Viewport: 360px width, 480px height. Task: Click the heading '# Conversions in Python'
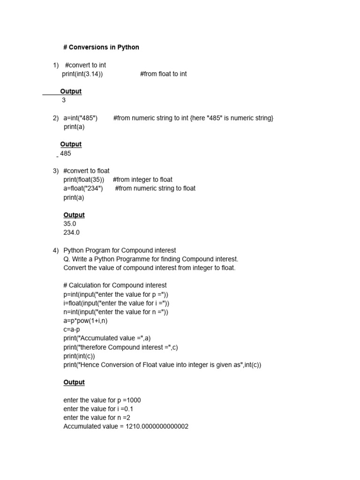click(101, 47)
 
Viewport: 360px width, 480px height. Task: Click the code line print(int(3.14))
click(82, 74)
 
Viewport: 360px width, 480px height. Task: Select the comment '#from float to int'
click(163, 74)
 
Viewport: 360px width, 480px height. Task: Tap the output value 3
click(64, 100)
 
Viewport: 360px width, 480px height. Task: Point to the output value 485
click(66, 153)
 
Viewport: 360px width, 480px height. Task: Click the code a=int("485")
click(81, 118)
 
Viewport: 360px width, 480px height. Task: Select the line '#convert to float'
click(86, 171)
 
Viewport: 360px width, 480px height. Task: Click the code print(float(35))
click(84, 180)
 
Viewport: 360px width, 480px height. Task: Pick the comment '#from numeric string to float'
click(155, 188)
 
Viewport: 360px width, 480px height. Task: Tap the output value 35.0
click(70, 224)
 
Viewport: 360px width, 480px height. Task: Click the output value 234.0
click(72, 232)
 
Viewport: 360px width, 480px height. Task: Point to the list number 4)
click(55, 250)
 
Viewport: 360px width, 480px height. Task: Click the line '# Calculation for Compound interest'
click(115, 285)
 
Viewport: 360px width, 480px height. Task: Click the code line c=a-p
click(72, 330)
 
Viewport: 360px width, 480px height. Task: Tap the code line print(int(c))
click(79, 356)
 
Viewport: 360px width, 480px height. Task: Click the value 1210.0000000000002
click(157, 427)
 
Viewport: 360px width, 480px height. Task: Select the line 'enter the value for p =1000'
click(102, 400)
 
